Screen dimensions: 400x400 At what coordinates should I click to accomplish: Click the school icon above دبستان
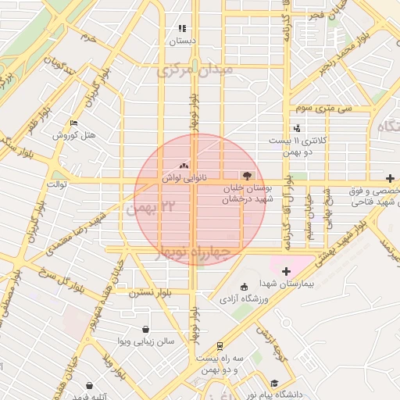click(182, 28)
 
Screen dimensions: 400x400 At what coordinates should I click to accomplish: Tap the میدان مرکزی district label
click(195, 70)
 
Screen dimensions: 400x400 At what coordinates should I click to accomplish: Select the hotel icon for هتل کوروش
click(73, 123)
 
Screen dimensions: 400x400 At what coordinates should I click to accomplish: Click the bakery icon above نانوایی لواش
click(184, 166)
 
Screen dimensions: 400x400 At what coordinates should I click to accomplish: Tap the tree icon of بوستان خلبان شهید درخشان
click(248, 177)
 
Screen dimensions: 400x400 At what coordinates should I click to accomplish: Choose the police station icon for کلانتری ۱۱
click(296, 128)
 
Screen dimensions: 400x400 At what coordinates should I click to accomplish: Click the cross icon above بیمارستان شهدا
click(286, 270)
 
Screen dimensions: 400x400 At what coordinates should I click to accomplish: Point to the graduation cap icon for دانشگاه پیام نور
click(274, 383)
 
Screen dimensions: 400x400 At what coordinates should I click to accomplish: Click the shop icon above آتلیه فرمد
click(90, 385)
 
